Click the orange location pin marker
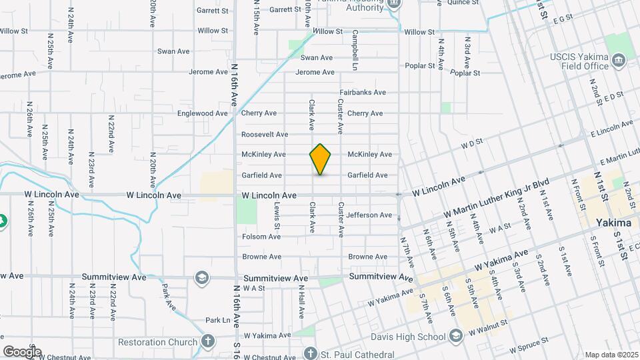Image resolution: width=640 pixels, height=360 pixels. pos(321,159)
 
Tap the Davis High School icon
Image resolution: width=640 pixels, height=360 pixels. pos(456,335)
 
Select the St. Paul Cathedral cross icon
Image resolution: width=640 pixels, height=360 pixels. pos(310,352)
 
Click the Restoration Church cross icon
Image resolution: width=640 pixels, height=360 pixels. pos(208,343)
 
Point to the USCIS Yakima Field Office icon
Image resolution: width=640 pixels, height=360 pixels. pos(619,61)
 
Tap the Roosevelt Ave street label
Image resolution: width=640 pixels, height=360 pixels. pos(265,134)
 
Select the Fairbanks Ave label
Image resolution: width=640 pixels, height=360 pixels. pos(363,93)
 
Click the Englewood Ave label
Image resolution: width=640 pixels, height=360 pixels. pos(203,113)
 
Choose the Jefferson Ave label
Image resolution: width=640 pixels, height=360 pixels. pos(369,215)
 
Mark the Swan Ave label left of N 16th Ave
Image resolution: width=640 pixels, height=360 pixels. pos(175,51)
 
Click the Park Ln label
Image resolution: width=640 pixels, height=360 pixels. pos(217,320)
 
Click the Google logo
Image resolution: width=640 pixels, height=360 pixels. pos(22,351)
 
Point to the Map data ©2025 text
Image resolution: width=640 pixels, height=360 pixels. pos(611,354)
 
